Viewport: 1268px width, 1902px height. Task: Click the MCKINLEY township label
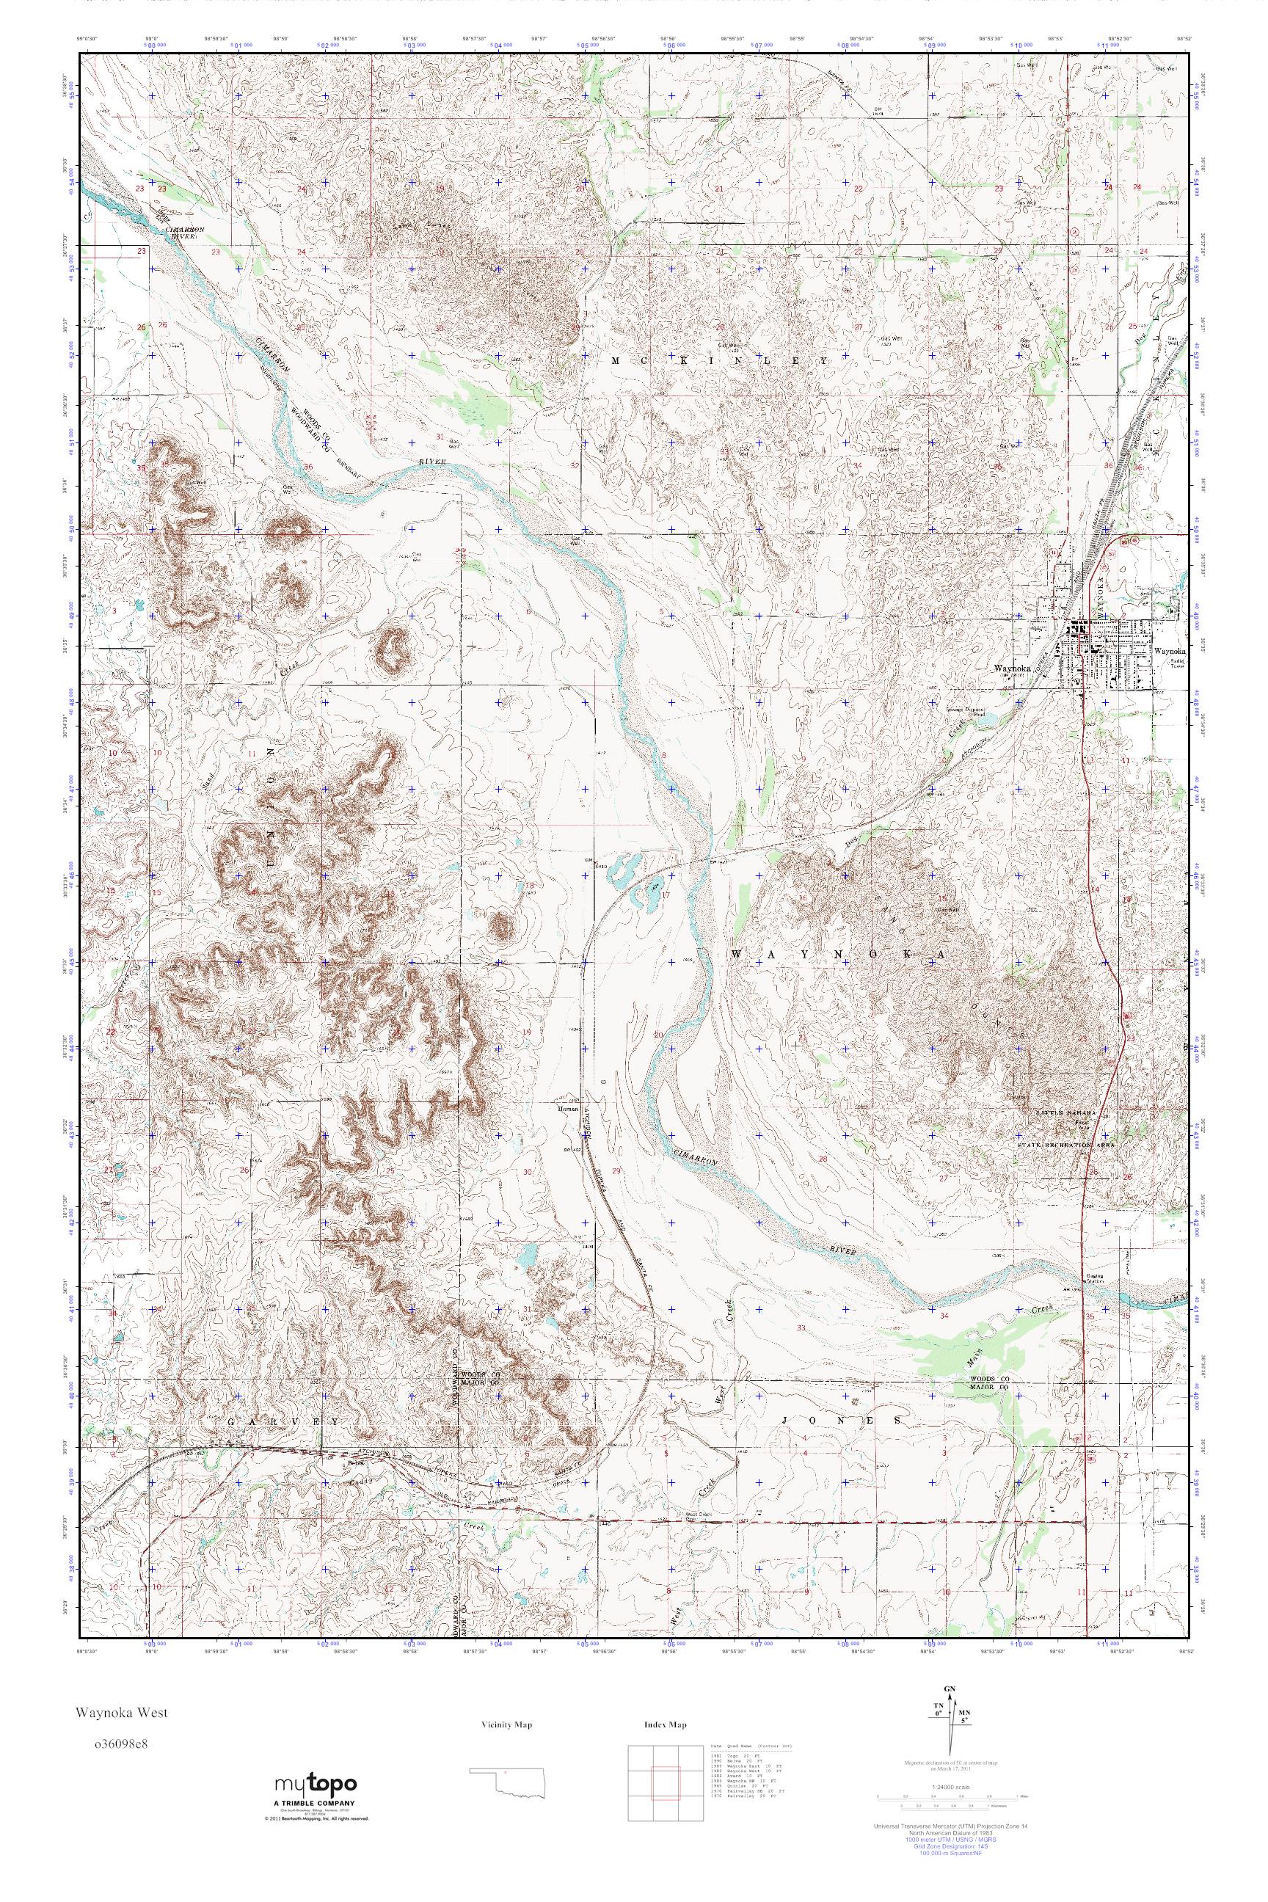click(720, 361)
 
